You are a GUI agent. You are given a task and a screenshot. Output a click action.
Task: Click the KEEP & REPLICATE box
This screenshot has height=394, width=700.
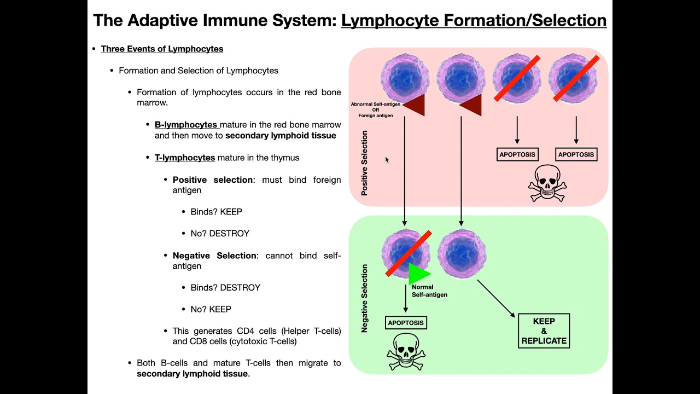tap(544, 331)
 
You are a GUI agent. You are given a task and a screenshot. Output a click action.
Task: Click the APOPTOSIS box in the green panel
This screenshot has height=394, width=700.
tap(406, 323)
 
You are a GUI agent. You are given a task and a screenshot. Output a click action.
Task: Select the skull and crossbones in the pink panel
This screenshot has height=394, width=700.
tap(547, 183)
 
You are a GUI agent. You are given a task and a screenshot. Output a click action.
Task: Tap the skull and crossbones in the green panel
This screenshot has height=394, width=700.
tap(406, 351)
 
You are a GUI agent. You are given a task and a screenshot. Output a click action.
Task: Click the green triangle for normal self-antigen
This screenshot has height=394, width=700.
tap(418, 274)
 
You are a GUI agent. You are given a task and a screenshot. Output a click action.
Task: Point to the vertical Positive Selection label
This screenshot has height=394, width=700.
tap(365, 163)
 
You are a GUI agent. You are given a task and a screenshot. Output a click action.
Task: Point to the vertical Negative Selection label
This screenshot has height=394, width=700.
tap(365, 299)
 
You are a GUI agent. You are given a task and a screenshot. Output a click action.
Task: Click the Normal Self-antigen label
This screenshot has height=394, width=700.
tap(429, 291)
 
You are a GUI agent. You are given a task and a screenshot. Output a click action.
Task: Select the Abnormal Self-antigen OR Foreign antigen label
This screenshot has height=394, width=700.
tap(376, 110)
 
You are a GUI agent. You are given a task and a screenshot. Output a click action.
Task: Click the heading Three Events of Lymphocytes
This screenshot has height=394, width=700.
tap(162, 49)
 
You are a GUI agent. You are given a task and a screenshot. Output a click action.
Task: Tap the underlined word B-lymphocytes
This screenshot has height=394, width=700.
tap(186, 125)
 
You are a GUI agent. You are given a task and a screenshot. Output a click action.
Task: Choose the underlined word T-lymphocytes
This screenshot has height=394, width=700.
tap(185, 158)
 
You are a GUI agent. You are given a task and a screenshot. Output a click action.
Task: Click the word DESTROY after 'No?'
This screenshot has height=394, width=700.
tap(229, 233)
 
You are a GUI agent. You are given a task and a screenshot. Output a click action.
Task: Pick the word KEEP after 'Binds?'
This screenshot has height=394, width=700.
tap(231, 212)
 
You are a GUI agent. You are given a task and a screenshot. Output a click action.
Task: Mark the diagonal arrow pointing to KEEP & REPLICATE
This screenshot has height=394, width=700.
tap(496, 298)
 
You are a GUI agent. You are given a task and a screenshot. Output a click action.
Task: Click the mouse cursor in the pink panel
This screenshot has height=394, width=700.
tap(387, 160)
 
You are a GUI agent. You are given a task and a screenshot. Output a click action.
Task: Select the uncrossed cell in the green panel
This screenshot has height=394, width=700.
tap(462, 253)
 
